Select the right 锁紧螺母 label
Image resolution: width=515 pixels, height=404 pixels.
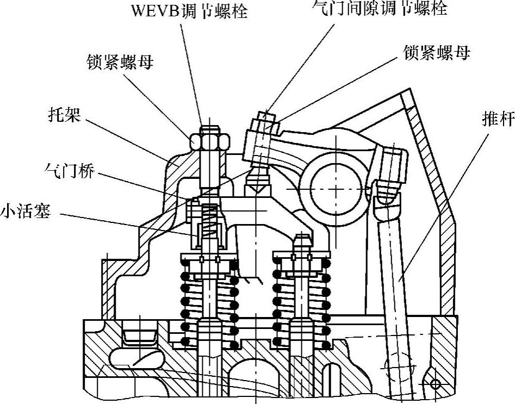coord(437,53)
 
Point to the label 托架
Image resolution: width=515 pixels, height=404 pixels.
coord(64,115)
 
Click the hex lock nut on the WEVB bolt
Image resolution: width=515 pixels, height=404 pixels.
coord(209,142)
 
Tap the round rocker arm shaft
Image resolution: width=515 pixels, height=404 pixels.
coord(329,188)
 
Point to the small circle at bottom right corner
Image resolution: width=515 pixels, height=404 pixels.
coord(435,384)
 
